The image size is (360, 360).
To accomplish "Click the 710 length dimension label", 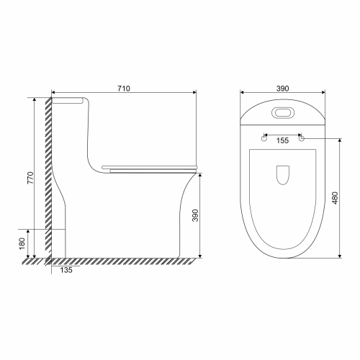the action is coord(124,89).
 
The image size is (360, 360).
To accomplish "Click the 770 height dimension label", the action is coord(30,178).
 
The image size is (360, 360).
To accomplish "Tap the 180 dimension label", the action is coord(22,243).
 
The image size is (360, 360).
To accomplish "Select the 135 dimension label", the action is coord(66,270).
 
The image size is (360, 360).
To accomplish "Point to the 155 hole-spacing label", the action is coord(282,140).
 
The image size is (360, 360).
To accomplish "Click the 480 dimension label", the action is coord(336,198).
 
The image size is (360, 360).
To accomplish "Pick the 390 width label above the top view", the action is coord(282,89).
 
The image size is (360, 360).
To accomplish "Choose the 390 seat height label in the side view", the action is coord(195,215).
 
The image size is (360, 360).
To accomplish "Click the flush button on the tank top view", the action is coord(283,112).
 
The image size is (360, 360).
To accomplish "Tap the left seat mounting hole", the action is coord(264,138).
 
